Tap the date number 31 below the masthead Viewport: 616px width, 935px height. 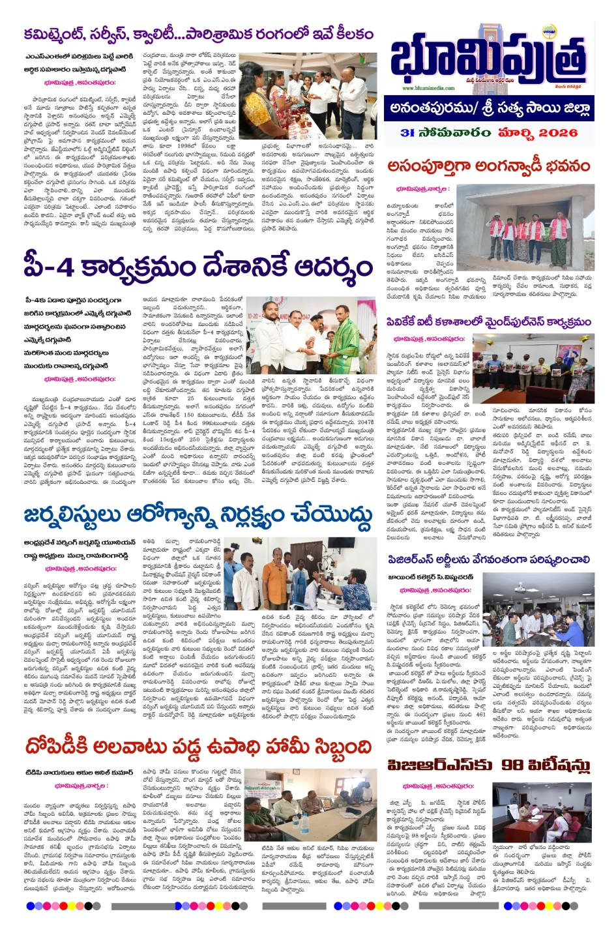coord(408,132)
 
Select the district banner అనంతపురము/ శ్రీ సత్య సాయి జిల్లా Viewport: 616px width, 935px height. coord(496,108)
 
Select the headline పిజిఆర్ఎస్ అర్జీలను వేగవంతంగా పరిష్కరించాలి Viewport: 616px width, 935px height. coord(489,559)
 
